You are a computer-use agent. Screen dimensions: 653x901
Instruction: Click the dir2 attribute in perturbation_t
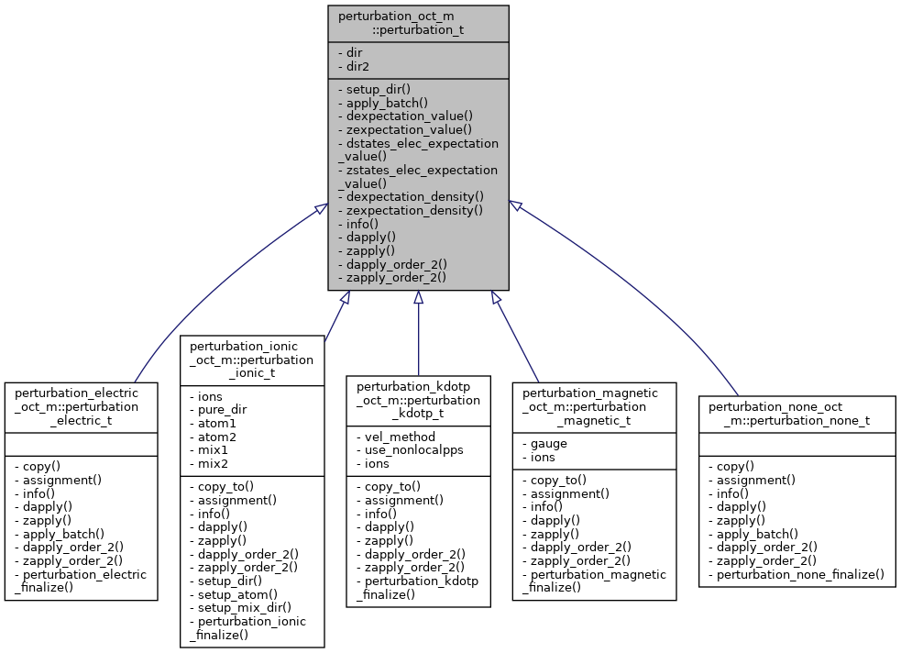[x=355, y=66]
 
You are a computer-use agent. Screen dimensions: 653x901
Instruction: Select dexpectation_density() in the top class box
[x=410, y=196]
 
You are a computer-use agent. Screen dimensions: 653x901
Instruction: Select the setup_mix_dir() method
[x=240, y=607]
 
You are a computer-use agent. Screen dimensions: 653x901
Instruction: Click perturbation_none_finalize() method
[x=796, y=574]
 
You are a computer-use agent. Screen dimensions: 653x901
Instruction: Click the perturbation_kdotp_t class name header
[x=418, y=400]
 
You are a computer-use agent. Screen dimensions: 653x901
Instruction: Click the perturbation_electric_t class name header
[x=81, y=406]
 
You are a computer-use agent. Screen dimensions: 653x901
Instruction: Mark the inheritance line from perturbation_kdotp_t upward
[x=418, y=339]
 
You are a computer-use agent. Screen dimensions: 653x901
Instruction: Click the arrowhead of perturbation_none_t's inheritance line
[x=516, y=206]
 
